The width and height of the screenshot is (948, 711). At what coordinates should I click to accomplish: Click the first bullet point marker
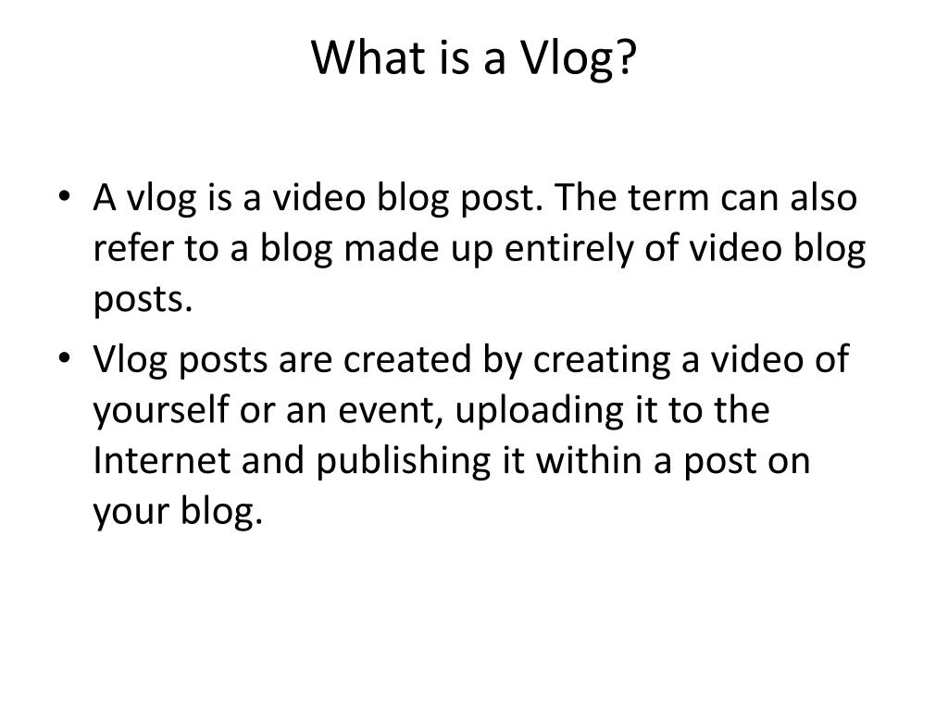click(71, 199)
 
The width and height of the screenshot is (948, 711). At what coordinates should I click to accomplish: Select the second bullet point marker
click(71, 359)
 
